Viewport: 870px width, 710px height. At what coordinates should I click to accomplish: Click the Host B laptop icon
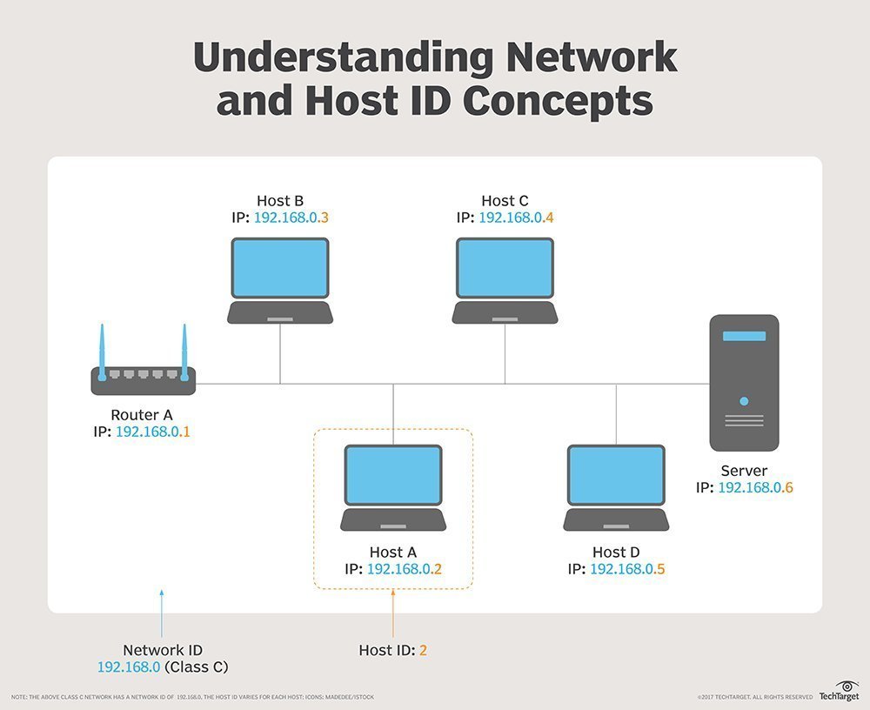click(280, 280)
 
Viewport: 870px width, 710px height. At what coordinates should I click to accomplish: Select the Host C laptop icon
click(505, 280)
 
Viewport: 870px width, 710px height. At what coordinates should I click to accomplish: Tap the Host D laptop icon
click(616, 487)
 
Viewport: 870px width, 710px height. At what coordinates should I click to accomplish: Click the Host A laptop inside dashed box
click(393, 487)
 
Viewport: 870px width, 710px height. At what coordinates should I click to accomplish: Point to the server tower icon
click(744, 383)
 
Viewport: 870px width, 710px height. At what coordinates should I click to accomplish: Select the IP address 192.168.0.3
click(291, 218)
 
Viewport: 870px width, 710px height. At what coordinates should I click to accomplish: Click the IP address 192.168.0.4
click(516, 218)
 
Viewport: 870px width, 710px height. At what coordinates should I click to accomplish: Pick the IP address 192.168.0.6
click(755, 488)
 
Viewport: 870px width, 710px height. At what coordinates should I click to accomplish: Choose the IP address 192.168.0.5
click(627, 569)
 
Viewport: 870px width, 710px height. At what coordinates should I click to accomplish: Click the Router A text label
click(142, 414)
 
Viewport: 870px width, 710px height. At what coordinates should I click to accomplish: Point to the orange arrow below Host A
click(393, 613)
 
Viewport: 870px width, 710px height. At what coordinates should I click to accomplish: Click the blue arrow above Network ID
click(162, 613)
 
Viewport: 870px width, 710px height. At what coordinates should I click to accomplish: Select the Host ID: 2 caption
click(393, 650)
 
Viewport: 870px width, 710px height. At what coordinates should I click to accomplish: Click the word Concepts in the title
click(557, 101)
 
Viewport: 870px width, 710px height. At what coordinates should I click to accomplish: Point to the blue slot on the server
click(744, 336)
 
